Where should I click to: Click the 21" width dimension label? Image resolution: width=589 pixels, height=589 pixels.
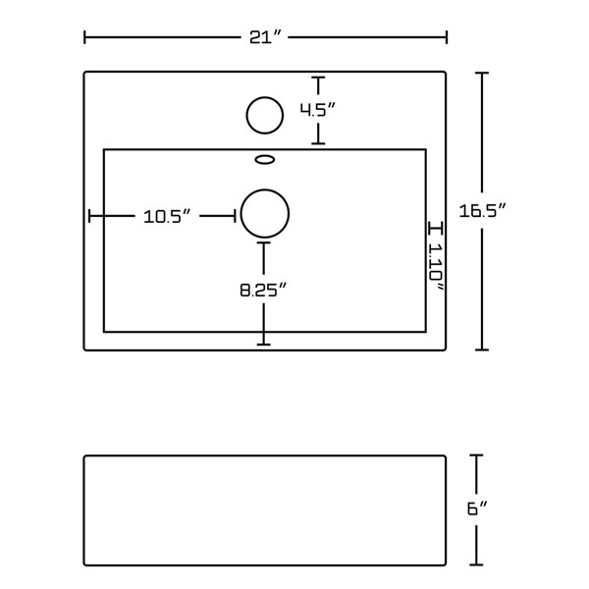click(x=266, y=38)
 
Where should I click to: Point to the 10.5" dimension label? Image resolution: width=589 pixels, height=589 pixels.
click(x=165, y=216)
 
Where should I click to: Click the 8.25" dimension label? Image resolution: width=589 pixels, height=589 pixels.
click(x=262, y=290)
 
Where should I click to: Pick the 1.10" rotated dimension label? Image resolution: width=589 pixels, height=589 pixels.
click(x=435, y=266)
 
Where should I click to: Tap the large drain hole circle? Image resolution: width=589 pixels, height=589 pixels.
click(x=265, y=212)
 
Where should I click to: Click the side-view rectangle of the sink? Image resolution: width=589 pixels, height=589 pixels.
click(x=265, y=509)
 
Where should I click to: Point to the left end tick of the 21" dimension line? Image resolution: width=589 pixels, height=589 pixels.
click(x=85, y=38)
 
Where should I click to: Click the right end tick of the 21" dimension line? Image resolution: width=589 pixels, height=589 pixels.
click(x=448, y=38)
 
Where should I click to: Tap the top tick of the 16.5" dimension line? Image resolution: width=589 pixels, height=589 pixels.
click(x=480, y=73)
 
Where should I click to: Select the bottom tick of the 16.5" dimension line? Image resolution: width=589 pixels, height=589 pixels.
click(x=480, y=348)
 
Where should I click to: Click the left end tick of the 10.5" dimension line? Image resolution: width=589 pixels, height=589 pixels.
click(x=90, y=216)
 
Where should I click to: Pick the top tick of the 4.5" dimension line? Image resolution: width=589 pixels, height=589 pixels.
click(x=317, y=79)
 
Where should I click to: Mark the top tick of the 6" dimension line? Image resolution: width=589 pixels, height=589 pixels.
click(x=478, y=456)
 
